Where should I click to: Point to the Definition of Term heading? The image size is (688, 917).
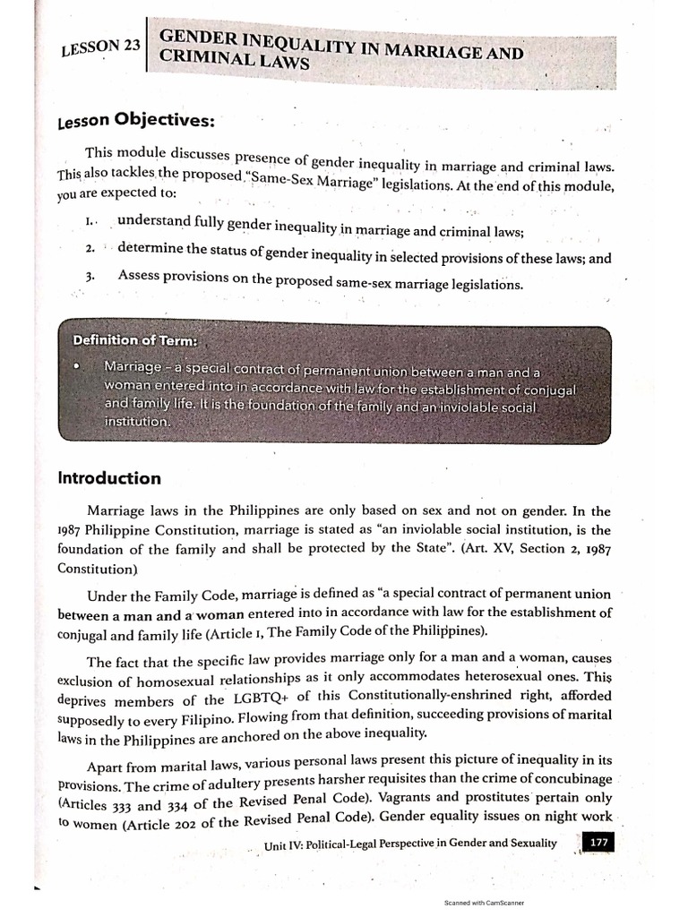pyautogui.click(x=135, y=340)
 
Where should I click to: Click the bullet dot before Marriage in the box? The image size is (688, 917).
pyautogui.click(x=81, y=366)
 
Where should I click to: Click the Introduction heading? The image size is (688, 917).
pyautogui.click(x=109, y=477)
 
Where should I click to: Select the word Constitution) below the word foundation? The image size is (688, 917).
pyautogui.click(x=97, y=569)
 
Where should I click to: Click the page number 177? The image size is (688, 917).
pyautogui.click(x=597, y=841)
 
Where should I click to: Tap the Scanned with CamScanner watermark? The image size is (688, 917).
pyautogui.click(x=484, y=904)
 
